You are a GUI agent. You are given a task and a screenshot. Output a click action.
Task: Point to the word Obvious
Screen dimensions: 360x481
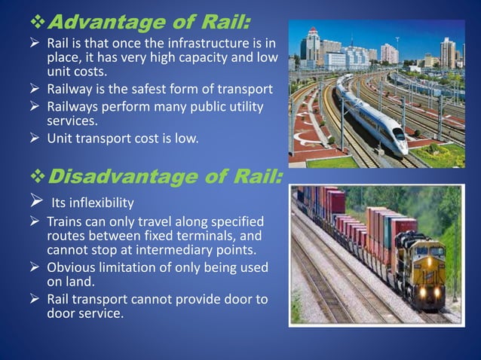pos(71,268)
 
